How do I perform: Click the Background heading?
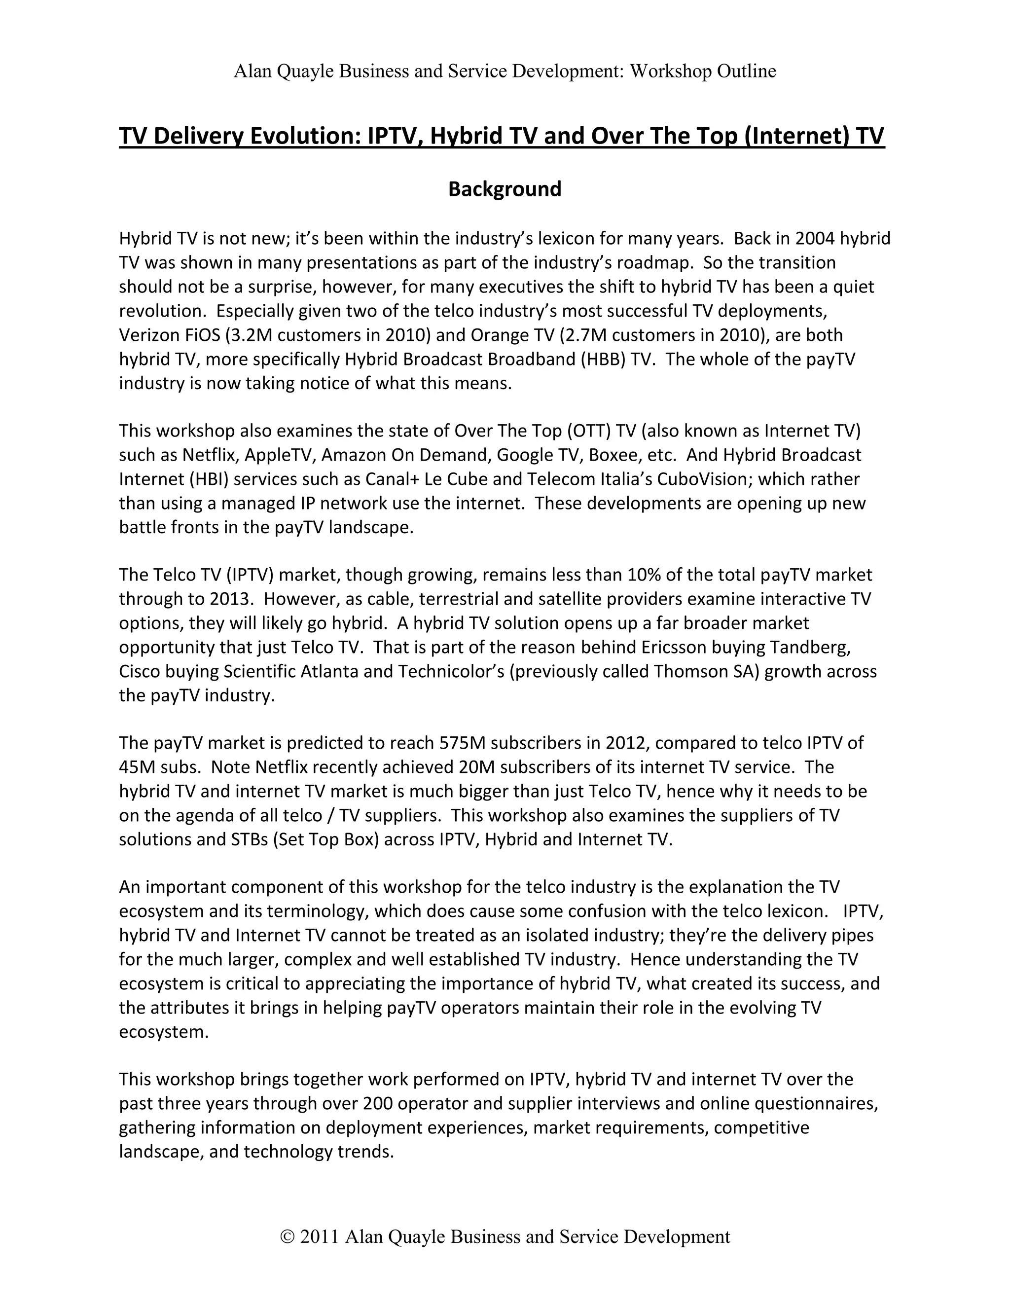coord(505,189)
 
